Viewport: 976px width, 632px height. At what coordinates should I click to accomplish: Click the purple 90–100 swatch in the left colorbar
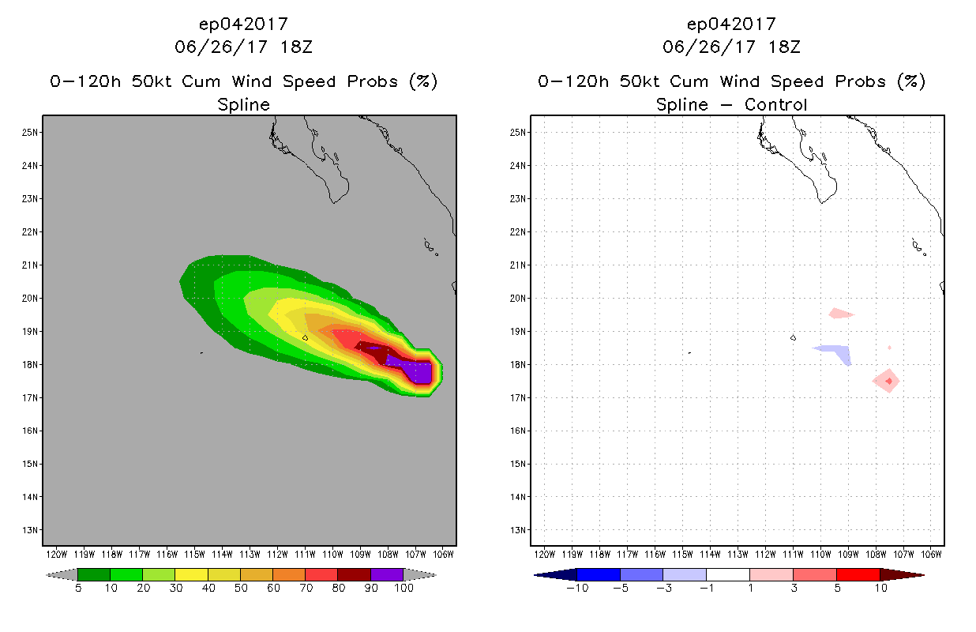tap(387, 574)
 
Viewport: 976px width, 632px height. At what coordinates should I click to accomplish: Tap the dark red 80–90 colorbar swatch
tap(354, 574)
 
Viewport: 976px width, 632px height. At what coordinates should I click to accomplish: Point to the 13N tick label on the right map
tap(519, 529)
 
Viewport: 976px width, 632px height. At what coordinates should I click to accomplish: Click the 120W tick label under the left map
tap(57, 555)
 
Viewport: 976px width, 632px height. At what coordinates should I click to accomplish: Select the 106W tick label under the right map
tap(931, 555)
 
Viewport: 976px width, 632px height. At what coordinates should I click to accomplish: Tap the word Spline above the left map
tap(243, 104)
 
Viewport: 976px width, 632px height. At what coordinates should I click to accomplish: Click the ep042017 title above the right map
tap(731, 24)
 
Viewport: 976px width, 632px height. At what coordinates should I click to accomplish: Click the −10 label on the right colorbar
tap(577, 588)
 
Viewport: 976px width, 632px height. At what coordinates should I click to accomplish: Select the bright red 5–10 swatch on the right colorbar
tap(857, 574)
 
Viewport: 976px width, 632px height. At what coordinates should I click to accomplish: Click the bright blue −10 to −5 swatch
tap(599, 574)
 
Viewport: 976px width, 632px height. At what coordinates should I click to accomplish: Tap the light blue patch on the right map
tap(837, 352)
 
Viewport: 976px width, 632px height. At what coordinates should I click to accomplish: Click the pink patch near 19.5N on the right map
tap(840, 314)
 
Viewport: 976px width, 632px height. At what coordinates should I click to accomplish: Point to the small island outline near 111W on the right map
tap(793, 337)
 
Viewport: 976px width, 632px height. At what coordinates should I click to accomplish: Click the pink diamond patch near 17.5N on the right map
tap(888, 381)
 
